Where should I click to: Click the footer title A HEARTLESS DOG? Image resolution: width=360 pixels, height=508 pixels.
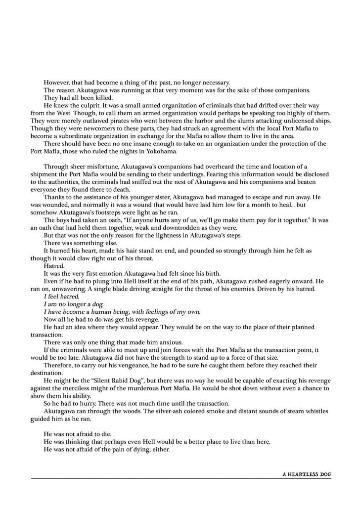pyautogui.click(x=307, y=474)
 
